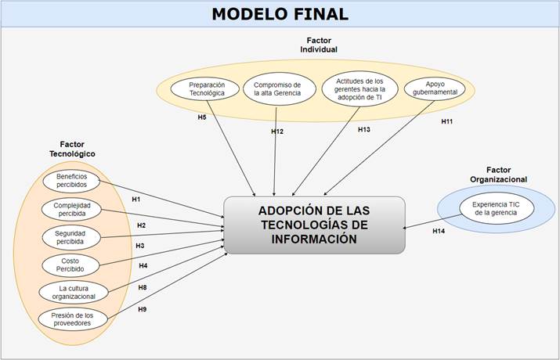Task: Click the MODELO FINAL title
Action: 280,14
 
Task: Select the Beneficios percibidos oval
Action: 71,181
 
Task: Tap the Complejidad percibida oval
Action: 72,210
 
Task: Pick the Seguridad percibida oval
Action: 71,237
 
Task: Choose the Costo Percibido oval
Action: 70,265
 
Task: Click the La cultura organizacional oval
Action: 73,292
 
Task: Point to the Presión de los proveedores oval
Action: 73,319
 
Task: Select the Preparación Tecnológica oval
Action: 205,89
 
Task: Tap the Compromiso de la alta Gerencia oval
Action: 280,89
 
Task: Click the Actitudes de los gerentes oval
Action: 359,89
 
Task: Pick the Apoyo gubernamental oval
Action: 435,88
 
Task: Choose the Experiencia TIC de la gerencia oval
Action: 497,209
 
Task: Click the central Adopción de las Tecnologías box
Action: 314,225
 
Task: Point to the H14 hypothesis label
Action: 439,231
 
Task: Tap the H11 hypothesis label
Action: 446,121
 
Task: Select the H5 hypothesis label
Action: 202,117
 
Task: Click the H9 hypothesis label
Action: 142,309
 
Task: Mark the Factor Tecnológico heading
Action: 72,149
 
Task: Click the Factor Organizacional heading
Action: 499,175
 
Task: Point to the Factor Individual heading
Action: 319,45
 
